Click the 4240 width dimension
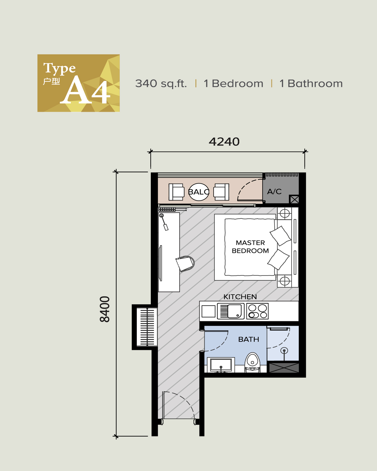(x=224, y=142)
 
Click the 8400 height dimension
(x=105, y=309)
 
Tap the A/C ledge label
(x=274, y=192)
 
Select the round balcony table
(x=199, y=192)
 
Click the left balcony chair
(x=176, y=192)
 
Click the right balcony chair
(x=221, y=192)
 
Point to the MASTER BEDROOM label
(x=250, y=247)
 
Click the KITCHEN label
(x=240, y=297)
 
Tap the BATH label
(x=249, y=339)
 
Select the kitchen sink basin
(x=234, y=311)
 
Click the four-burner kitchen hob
(x=257, y=311)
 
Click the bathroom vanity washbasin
(x=221, y=365)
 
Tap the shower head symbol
(x=284, y=350)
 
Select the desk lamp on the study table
(x=163, y=222)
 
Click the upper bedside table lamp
(x=285, y=214)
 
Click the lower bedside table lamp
(x=285, y=281)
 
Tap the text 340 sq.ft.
(x=161, y=84)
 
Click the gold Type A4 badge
(x=78, y=83)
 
